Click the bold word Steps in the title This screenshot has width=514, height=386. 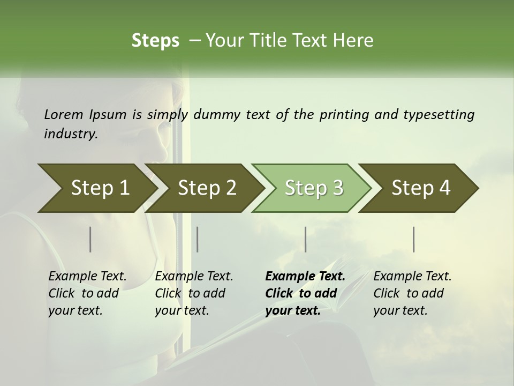[x=155, y=40]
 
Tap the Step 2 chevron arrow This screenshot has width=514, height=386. [x=206, y=188]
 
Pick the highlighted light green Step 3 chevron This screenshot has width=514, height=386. [x=313, y=188]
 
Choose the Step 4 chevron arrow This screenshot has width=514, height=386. [x=421, y=188]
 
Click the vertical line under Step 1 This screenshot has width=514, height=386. [x=90, y=239]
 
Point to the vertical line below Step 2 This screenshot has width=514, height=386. [x=198, y=239]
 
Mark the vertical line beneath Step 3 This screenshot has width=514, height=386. [x=305, y=239]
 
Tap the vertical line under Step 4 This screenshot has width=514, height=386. [x=414, y=239]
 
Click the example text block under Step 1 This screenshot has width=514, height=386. [x=87, y=293]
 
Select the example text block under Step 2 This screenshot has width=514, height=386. [x=194, y=293]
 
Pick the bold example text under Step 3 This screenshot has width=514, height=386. [x=305, y=293]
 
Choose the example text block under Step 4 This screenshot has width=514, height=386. [x=412, y=293]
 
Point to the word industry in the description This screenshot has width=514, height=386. [x=71, y=134]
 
